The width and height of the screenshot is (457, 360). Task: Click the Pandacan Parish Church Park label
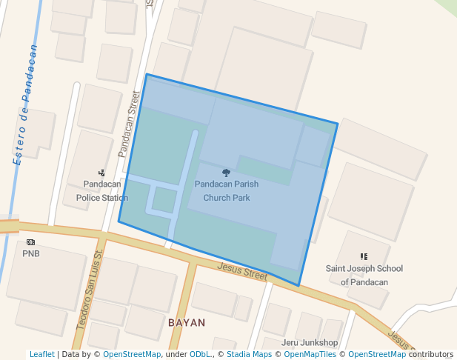click(x=227, y=190)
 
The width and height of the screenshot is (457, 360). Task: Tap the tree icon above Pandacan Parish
click(x=226, y=173)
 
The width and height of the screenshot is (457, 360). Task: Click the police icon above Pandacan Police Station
click(x=101, y=173)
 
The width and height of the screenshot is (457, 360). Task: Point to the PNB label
click(x=30, y=253)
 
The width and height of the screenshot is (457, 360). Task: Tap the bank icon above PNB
click(x=30, y=242)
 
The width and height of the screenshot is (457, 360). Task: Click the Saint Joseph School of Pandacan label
click(x=364, y=275)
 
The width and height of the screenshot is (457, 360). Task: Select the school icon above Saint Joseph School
click(x=364, y=256)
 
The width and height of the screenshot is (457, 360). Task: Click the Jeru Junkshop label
click(x=310, y=342)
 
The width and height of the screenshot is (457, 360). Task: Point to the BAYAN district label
click(x=187, y=323)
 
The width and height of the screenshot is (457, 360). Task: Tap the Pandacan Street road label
click(x=130, y=124)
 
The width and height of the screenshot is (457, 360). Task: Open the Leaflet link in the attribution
click(x=41, y=354)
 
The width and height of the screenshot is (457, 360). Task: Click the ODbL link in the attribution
click(x=201, y=354)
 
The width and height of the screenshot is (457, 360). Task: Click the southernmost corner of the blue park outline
click(x=298, y=286)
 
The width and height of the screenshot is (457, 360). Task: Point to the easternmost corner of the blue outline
click(x=338, y=124)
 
